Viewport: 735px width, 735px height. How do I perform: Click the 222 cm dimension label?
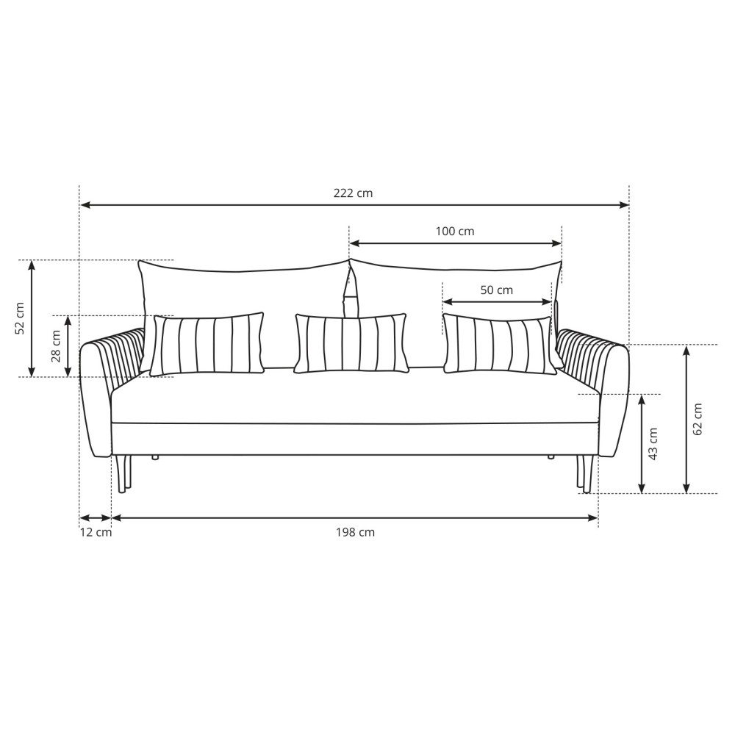pyautogui.click(x=353, y=193)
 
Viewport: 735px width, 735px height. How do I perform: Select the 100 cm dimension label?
pyautogui.click(x=455, y=231)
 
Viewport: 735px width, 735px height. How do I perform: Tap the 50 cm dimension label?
pyautogui.click(x=496, y=290)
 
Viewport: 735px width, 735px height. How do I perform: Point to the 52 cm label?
pyautogui.click(x=20, y=318)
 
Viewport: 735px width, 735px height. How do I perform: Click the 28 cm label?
pyautogui.click(x=56, y=346)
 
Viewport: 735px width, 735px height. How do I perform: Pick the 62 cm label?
pyautogui.click(x=698, y=419)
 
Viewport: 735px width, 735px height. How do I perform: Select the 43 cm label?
pyautogui.click(x=653, y=443)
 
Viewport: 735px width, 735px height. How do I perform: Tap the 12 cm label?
pyautogui.click(x=96, y=532)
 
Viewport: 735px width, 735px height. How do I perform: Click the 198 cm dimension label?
pyautogui.click(x=355, y=532)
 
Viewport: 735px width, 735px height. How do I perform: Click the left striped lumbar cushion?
pyautogui.click(x=207, y=344)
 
